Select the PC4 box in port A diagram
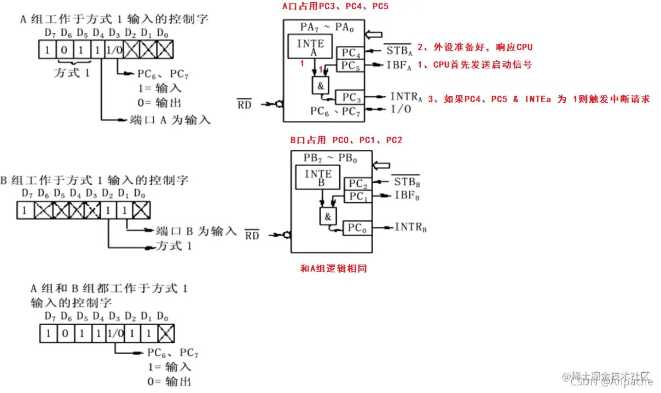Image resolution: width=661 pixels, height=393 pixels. click(x=349, y=53)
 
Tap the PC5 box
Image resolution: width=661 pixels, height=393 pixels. click(x=349, y=66)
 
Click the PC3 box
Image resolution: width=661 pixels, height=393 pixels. click(x=349, y=97)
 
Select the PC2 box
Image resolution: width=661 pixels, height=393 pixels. click(x=356, y=184)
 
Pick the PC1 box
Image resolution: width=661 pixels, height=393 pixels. click(x=356, y=196)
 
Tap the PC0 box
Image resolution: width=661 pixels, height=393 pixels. click(x=356, y=228)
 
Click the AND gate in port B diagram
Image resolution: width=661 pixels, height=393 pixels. click(x=327, y=216)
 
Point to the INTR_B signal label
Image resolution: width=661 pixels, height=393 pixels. click(x=410, y=227)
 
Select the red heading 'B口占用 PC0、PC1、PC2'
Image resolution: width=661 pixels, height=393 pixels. click(x=346, y=140)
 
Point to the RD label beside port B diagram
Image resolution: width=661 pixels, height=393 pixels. click(x=252, y=236)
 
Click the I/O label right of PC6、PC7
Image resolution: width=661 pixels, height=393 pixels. click(x=401, y=109)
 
